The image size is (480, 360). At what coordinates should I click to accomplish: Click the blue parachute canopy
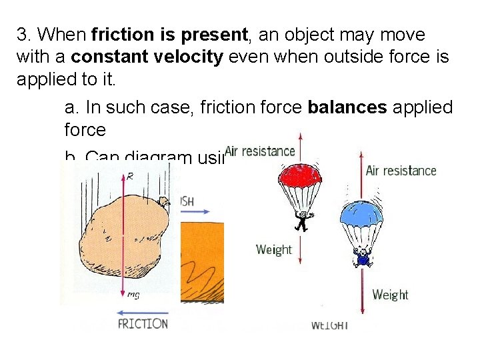(x=362, y=214)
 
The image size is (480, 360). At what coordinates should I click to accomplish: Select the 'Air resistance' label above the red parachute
(x=260, y=151)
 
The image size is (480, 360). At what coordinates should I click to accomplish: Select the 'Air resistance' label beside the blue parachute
(x=401, y=171)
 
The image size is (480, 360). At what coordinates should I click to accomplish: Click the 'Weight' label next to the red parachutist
(x=273, y=249)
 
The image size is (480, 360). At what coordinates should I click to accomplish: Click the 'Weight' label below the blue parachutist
(x=390, y=294)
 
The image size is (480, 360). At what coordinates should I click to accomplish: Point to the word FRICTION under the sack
(x=143, y=324)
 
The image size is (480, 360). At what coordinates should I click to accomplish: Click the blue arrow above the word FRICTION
(x=142, y=311)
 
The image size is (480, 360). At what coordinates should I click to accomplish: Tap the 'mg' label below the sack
(x=133, y=295)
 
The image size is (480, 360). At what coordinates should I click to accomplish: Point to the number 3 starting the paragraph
(x=21, y=34)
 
